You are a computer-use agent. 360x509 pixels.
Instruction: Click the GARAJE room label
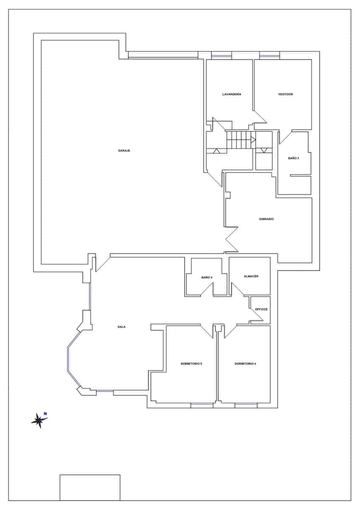(124, 151)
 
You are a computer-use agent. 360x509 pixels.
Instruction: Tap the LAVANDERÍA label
(232, 94)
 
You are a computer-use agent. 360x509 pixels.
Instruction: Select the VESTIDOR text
(286, 94)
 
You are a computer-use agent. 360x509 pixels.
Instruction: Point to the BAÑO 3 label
(293, 158)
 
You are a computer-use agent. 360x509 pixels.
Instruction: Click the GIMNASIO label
(266, 219)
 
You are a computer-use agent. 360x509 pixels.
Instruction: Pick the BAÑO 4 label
(207, 277)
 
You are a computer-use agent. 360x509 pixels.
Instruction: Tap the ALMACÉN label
(251, 276)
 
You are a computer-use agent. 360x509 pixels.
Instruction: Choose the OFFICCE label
(262, 309)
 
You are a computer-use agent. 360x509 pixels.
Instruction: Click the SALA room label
(121, 327)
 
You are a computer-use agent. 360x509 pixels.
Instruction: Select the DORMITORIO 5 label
(191, 364)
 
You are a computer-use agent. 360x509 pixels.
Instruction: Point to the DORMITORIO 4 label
(245, 364)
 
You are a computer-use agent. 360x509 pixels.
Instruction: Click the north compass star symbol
(39, 421)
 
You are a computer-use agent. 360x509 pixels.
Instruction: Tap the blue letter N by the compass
(45, 414)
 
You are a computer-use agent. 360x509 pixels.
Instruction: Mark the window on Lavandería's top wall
(222, 56)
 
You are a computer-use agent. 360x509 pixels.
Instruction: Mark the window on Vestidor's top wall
(270, 56)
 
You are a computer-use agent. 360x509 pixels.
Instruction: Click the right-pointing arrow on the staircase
(253, 140)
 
